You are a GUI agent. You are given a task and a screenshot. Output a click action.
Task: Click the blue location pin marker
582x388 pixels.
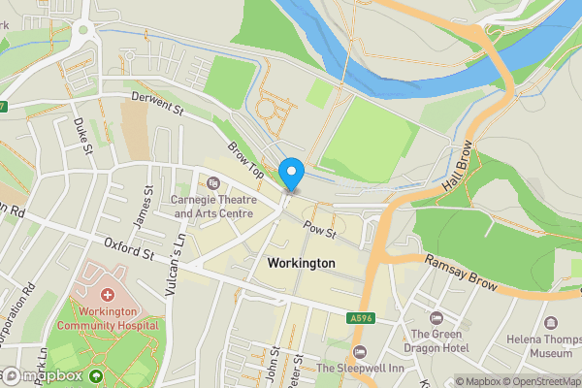pos(291,173)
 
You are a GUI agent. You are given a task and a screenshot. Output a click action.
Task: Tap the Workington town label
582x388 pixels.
pos(301,263)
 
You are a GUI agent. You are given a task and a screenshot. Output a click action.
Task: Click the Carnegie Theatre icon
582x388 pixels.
pos(213,183)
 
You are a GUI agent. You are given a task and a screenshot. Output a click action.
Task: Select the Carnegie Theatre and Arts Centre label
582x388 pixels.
pos(212,206)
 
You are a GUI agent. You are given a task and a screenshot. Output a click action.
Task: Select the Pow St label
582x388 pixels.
pos(318,231)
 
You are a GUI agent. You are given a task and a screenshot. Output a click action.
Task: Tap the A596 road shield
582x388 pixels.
pos(360,317)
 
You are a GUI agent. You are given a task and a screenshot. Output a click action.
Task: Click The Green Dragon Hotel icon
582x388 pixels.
pos(436,317)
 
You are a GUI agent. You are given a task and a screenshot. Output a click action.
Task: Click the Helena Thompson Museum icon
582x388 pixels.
pos(552,321)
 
